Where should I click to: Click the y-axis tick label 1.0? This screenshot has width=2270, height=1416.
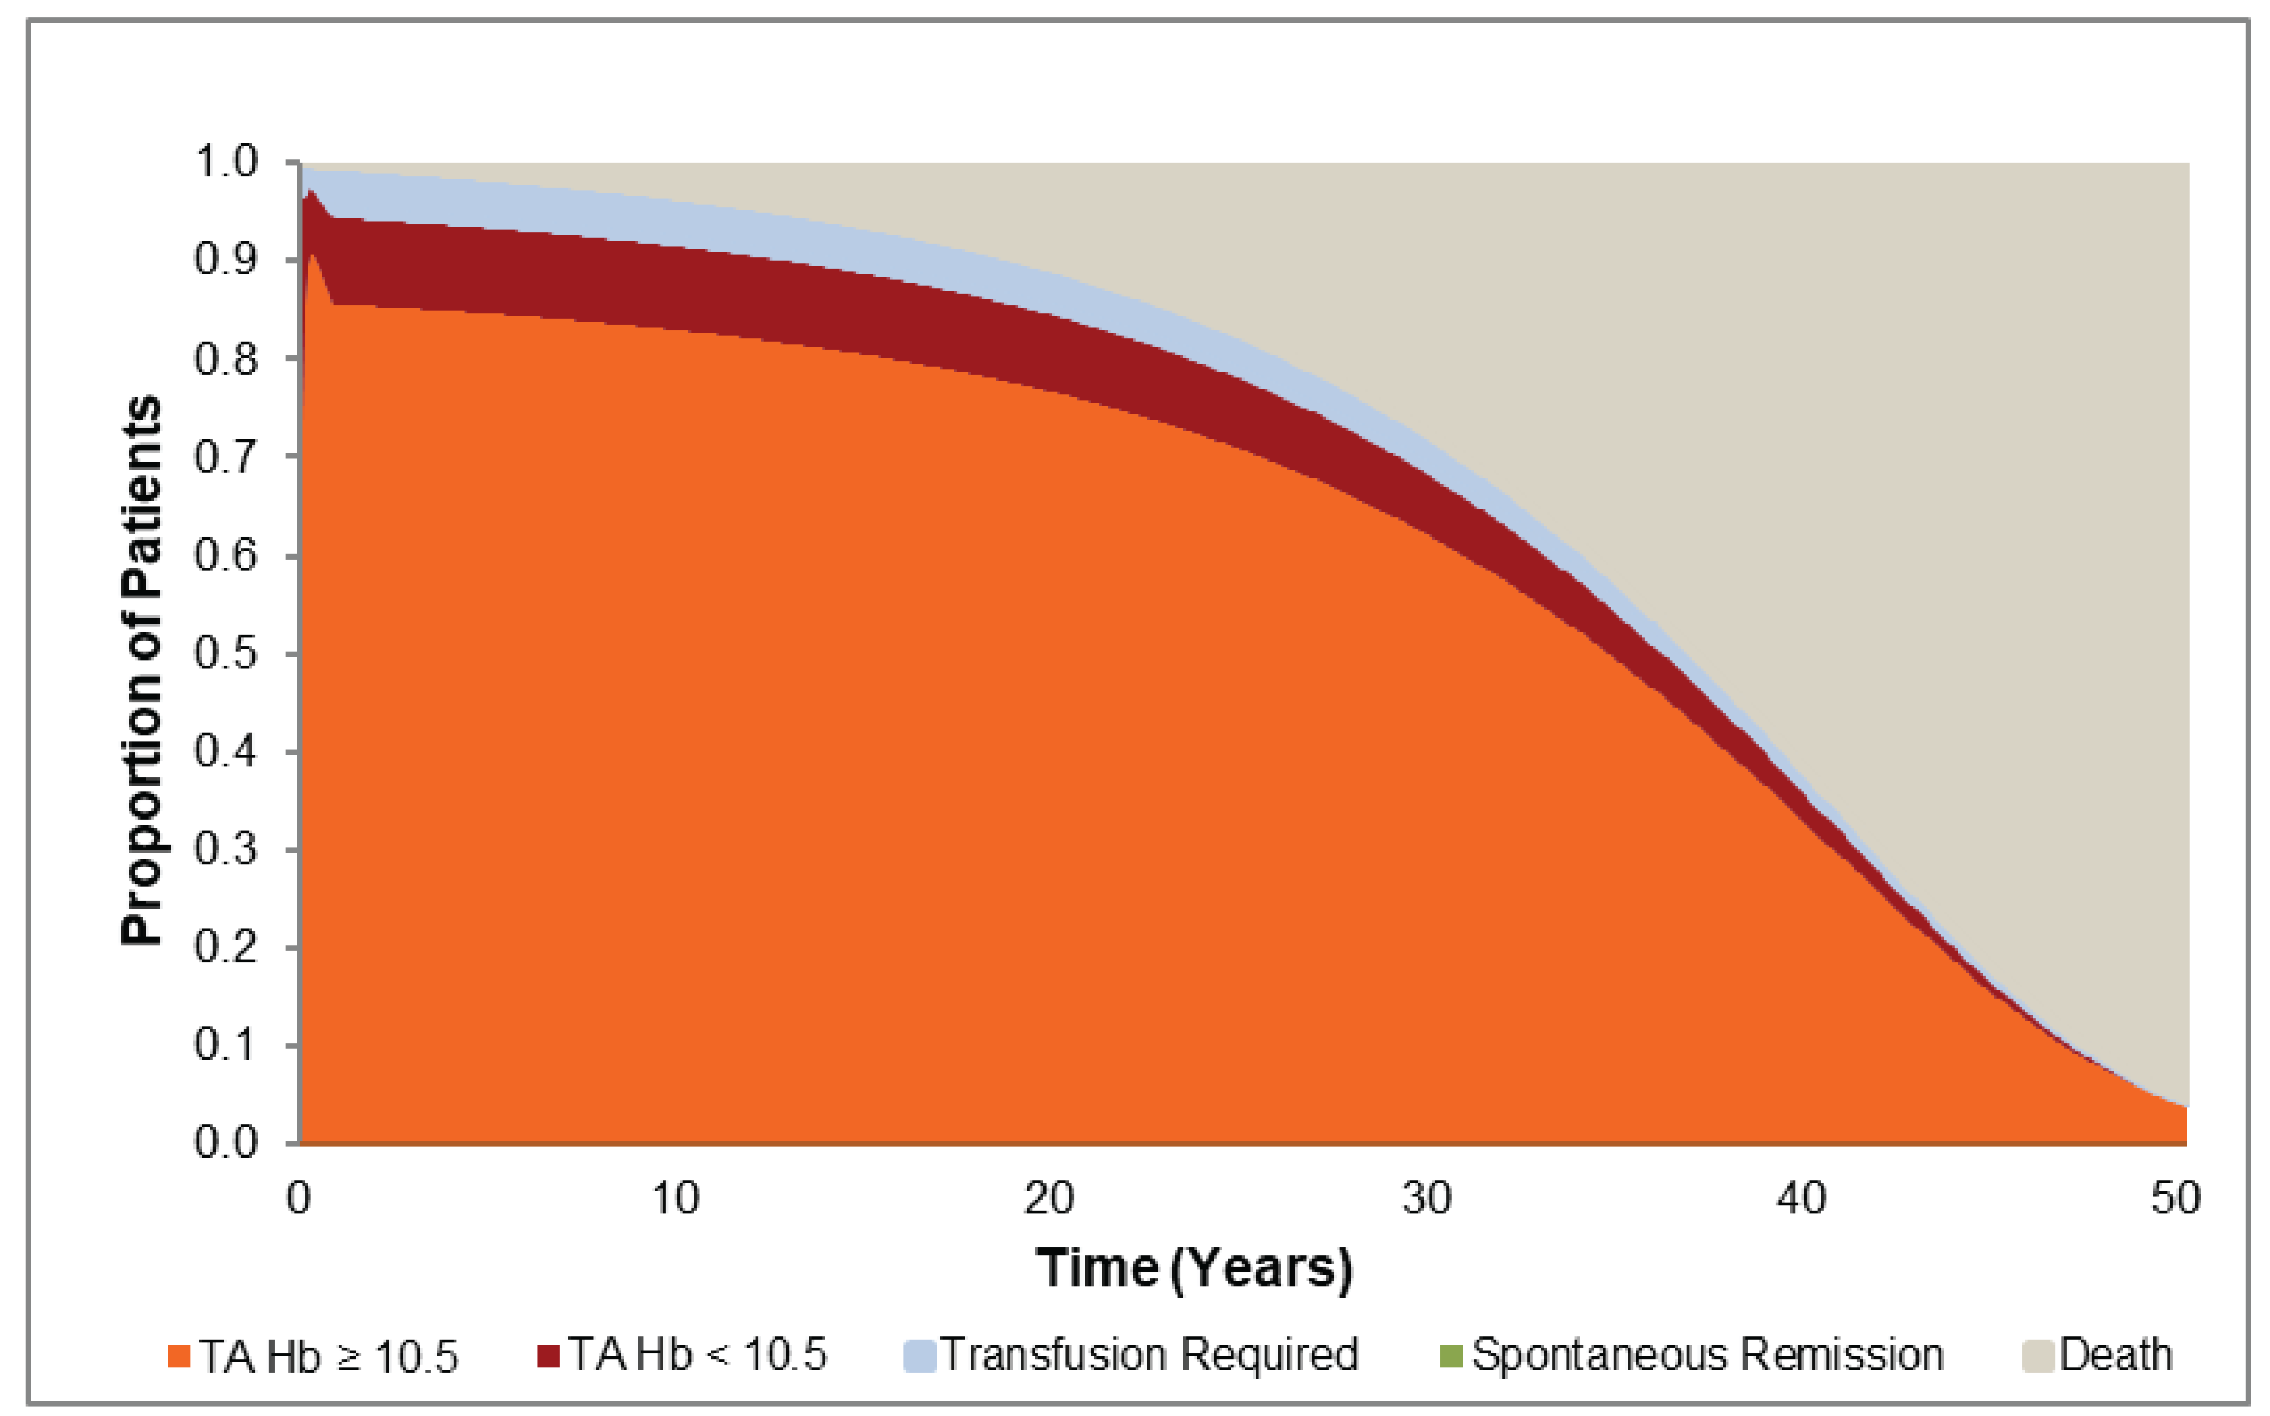pos(226,162)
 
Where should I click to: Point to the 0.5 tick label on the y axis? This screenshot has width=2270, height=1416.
pos(226,653)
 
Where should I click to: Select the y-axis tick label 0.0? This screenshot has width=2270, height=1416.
pos(226,1143)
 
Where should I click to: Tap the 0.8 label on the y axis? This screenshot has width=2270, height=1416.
pos(226,359)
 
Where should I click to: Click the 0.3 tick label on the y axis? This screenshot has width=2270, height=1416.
pos(226,849)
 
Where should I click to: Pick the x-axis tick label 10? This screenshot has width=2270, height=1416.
pos(675,1199)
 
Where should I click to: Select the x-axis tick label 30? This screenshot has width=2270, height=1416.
pos(1426,1199)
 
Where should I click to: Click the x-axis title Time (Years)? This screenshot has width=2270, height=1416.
pos(1194,1268)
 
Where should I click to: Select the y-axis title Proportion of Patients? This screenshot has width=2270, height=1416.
pos(142,670)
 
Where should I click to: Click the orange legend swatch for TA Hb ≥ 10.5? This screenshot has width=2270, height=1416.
pos(179,1356)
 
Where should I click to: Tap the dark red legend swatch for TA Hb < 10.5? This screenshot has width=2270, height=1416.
pos(549,1355)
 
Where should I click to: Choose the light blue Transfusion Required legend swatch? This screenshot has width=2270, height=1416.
pos(920,1356)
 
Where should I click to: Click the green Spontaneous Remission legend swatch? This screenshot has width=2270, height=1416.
pos(1450,1355)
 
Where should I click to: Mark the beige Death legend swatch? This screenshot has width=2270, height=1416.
pos(2038,1356)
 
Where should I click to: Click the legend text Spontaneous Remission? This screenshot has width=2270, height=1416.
pos(1707,1355)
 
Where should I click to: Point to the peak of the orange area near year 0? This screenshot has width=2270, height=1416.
pos(311,256)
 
